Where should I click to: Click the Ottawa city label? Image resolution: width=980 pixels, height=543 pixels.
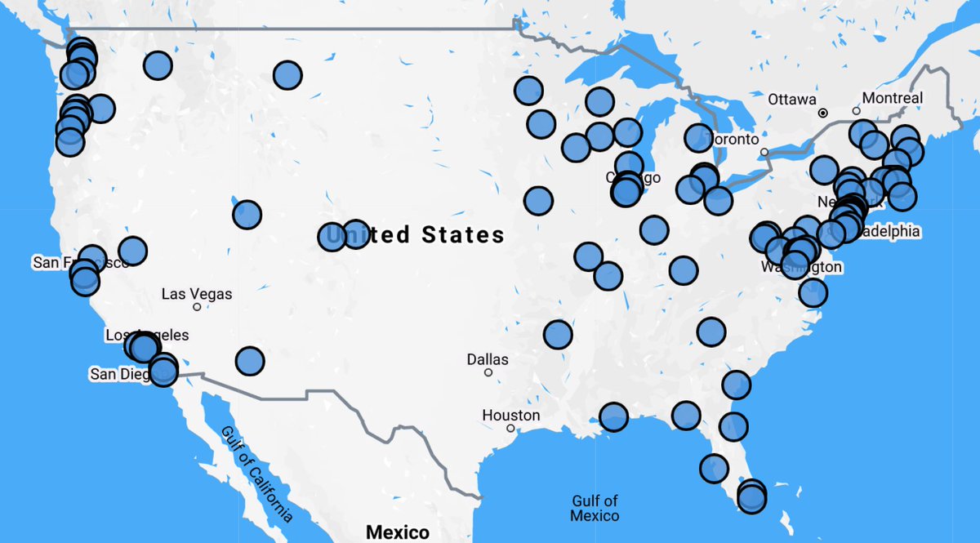click(x=791, y=100)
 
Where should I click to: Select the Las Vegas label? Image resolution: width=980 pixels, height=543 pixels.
click(x=197, y=294)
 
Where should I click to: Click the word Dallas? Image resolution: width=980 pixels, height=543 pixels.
click(x=488, y=359)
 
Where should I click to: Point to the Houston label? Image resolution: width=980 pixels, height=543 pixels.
click(x=510, y=416)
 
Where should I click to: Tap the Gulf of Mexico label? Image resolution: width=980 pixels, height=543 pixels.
click(x=595, y=508)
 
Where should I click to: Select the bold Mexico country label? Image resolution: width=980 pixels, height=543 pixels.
click(x=398, y=532)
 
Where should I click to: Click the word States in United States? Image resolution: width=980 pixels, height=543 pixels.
click(x=463, y=235)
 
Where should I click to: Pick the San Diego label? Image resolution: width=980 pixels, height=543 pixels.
click(x=122, y=374)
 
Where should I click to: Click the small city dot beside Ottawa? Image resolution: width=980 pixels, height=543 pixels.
click(x=823, y=113)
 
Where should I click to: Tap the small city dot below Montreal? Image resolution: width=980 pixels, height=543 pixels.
click(x=856, y=110)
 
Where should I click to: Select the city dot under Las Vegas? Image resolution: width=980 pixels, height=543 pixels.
click(x=197, y=307)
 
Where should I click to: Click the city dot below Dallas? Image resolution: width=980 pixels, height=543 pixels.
click(x=488, y=372)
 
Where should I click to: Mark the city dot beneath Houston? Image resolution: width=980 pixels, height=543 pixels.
click(x=510, y=428)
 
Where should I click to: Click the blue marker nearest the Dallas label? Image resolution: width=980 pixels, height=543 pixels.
click(x=558, y=333)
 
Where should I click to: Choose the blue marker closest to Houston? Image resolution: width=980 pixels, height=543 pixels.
click(x=613, y=417)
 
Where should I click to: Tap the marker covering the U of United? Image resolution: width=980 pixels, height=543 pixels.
click(x=332, y=237)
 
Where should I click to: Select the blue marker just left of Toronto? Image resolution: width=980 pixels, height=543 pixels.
click(x=698, y=138)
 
